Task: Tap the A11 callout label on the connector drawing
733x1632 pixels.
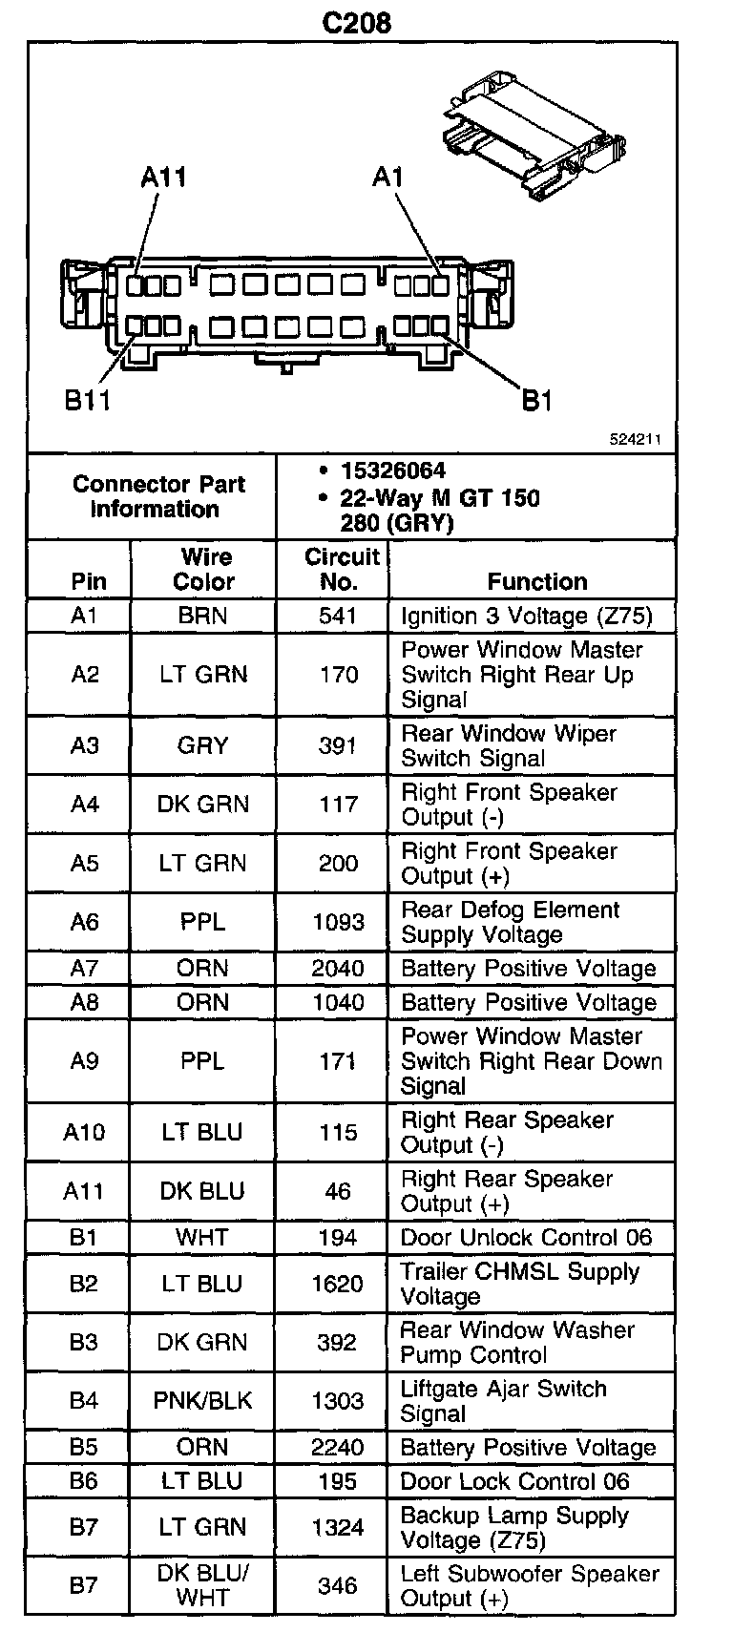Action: tap(163, 178)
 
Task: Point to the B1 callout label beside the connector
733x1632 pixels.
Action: tap(537, 401)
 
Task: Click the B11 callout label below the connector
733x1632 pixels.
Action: tap(88, 401)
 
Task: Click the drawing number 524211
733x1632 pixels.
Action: tap(636, 440)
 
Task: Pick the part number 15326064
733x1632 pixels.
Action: tap(392, 471)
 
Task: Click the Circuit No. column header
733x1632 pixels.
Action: tap(341, 569)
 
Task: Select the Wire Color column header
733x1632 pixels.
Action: tap(202, 569)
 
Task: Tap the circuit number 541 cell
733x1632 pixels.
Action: tap(338, 616)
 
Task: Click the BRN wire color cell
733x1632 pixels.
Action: tap(202, 616)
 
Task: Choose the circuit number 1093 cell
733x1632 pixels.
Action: tap(338, 922)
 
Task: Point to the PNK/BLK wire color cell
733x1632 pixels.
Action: tap(202, 1401)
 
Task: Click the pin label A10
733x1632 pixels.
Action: tap(84, 1132)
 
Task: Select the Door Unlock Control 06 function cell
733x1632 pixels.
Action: tap(526, 1238)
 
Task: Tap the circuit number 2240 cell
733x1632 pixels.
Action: tap(338, 1448)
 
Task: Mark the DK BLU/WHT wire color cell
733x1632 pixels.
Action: tap(202, 1585)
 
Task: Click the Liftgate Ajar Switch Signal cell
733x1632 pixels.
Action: tap(503, 1401)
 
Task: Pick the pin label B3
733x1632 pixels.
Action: tap(84, 1342)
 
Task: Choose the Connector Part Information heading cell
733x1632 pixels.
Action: tap(158, 496)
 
